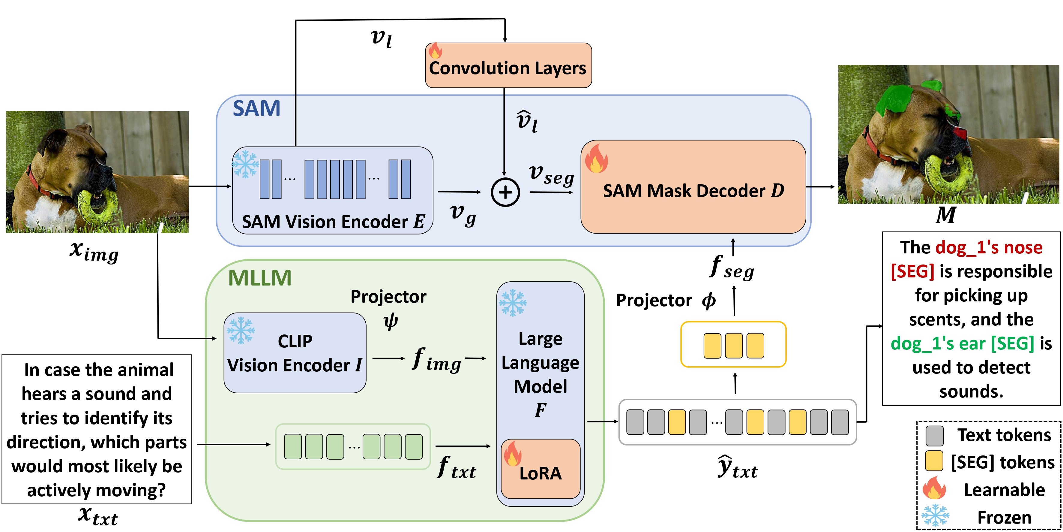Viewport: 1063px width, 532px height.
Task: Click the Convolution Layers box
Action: click(508, 66)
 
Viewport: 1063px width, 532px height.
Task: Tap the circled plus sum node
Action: click(505, 192)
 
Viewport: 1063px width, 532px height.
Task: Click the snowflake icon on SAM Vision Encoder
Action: click(245, 164)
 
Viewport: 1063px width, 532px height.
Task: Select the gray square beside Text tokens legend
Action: click(934, 436)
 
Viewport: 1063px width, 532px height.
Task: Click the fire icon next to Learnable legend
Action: click(934, 488)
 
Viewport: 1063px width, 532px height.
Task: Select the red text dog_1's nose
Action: click(988, 247)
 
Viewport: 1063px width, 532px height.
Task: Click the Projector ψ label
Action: click(388, 308)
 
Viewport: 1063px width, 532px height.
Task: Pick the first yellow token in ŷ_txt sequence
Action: click(677, 422)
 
